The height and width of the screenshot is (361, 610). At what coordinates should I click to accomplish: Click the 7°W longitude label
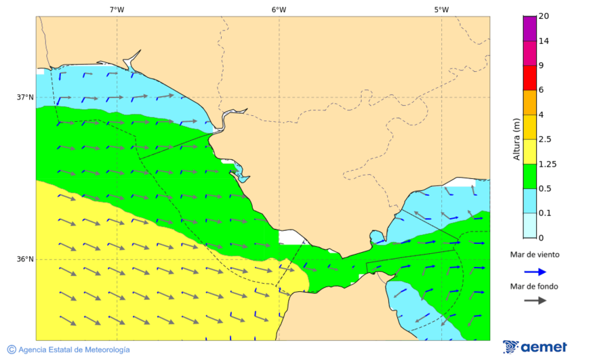click(x=117, y=9)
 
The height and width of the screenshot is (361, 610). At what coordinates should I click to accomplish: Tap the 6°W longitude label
click(x=279, y=9)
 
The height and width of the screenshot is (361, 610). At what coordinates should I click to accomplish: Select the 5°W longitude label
click(x=441, y=9)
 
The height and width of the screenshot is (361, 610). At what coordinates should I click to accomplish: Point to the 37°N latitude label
click(x=25, y=97)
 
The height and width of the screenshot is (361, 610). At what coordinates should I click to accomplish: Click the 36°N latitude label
click(x=25, y=259)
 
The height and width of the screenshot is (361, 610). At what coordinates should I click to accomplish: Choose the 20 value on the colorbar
click(x=544, y=16)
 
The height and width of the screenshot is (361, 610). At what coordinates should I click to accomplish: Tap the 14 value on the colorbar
click(x=544, y=41)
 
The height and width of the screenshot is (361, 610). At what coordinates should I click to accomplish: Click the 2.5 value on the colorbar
click(x=545, y=140)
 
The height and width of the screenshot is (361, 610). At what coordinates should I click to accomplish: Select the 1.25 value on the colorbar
click(x=547, y=164)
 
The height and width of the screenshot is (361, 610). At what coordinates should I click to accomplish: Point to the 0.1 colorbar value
click(x=545, y=213)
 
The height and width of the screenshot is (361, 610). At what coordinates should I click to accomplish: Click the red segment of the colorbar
click(x=530, y=78)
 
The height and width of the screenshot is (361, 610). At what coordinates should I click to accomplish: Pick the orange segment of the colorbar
click(x=530, y=102)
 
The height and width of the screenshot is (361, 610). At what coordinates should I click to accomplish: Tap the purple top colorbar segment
click(x=530, y=28)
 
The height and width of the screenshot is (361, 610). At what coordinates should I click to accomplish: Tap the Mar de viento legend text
click(x=535, y=255)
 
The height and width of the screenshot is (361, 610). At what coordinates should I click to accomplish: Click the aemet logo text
click(x=544, y=347)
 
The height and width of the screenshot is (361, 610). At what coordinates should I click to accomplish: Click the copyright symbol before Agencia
click(x=12, y=349)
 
